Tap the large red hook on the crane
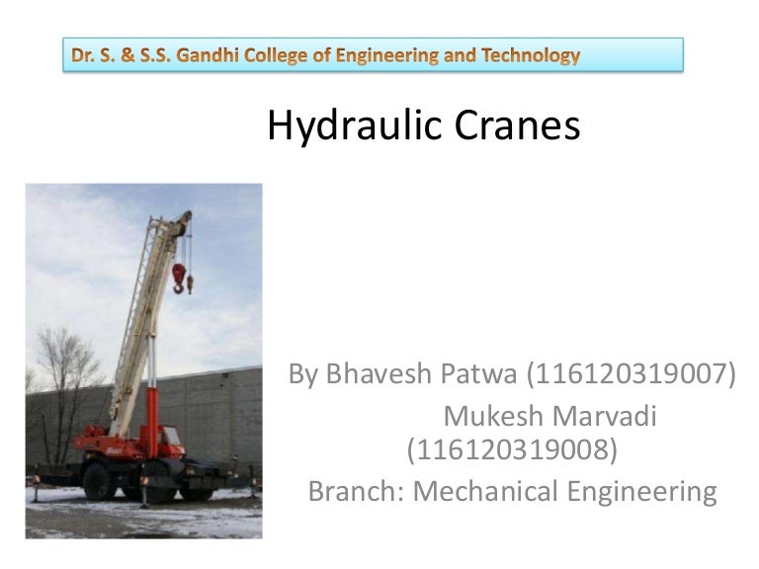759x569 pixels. pos(179,277)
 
